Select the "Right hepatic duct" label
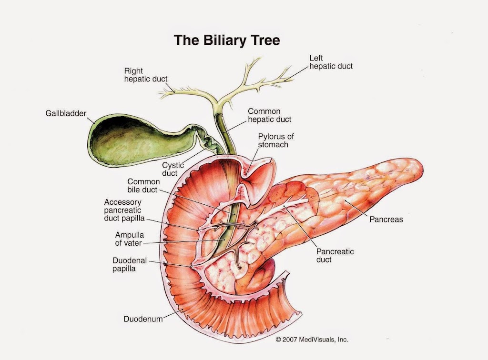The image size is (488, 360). (x=146, y=75)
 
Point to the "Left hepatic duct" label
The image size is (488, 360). (x=331, y=62)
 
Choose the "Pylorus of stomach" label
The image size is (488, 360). (x=276, y=140)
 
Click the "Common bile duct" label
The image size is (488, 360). (x=142, y=186)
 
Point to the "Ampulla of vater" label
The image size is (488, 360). (x=129, y=239)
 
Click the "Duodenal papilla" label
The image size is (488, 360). (x=130, y=264)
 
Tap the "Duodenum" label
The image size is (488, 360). (x=143, y=319)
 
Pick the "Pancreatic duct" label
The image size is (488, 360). (x=335, y=256)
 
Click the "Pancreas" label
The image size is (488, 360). (x=386, y=220)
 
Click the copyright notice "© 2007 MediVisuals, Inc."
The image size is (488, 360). (x=312, y=340)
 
